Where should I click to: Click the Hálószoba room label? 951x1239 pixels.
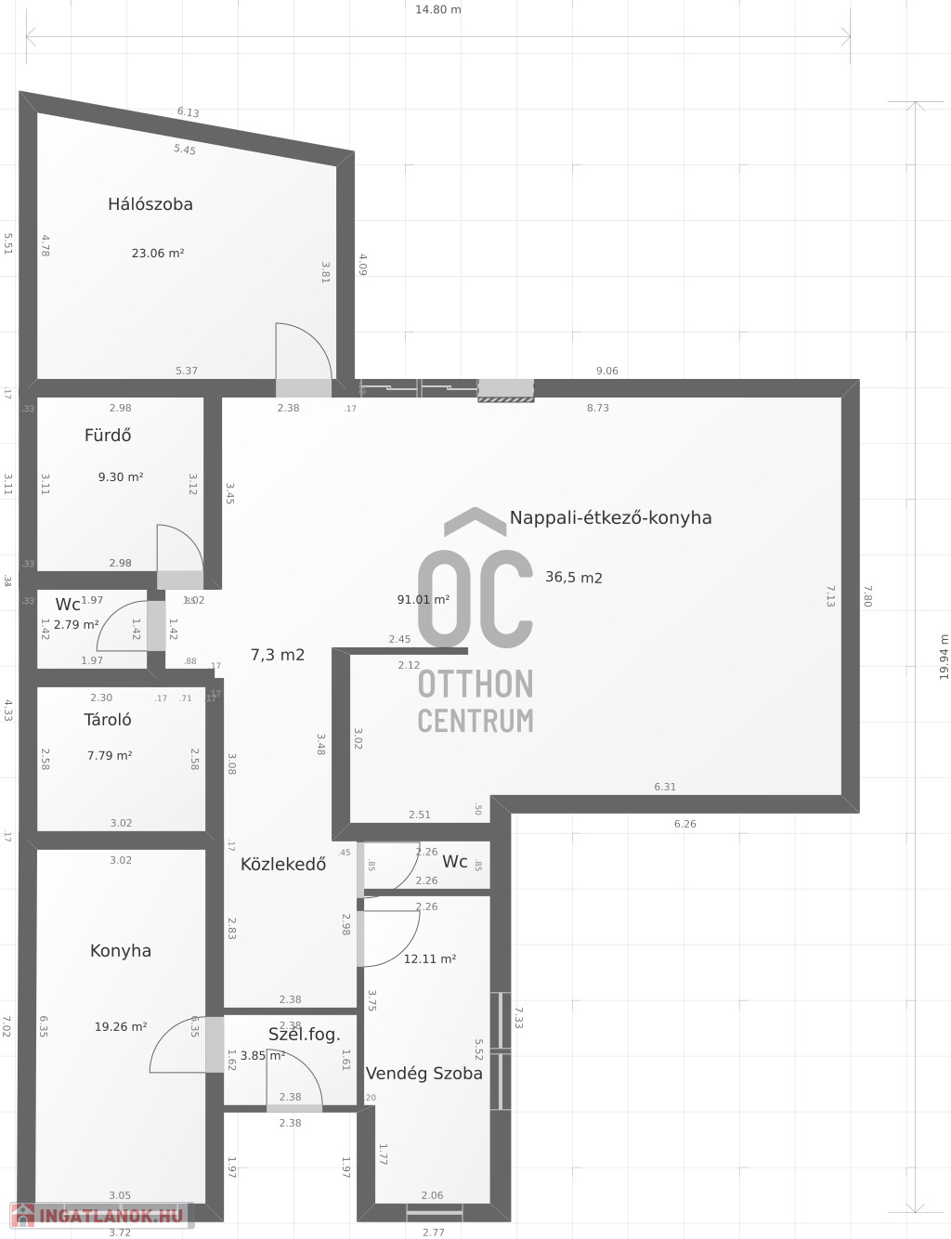click(x=150, y=204)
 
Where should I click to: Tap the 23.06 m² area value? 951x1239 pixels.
click(x=158, y=253)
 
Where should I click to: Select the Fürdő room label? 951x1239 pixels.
click(x=108, y=435)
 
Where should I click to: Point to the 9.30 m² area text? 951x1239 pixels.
click(x=121, y=477)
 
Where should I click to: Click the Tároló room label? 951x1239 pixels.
click(x=108, y=720)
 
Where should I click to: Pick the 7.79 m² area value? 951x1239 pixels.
click(x=110, y=756)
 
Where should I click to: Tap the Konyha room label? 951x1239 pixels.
click(x=121, y=951)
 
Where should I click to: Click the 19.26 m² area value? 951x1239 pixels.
click(x=121, y=1027)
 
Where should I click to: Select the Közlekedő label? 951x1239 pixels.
click(x=283, y=865)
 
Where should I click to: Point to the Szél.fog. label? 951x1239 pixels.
click(x=305, y=1035)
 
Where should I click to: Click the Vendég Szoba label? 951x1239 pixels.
click(x=424, y=1074)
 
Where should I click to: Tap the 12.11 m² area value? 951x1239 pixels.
click(x=430, y=959)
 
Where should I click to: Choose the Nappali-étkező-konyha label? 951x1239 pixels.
click(x=611, y=518)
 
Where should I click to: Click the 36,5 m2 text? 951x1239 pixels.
click(x=574, y=578)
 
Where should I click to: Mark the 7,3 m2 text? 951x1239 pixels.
click(x=278, y=655)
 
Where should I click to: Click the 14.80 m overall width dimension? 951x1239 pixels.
click(x=438, y=10)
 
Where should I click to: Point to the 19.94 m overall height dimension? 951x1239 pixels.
click(x=944, y=657)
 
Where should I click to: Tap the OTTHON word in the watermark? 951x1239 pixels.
click(x=475, y=685)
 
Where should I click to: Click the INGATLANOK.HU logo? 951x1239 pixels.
click(x=98, y=1215)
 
